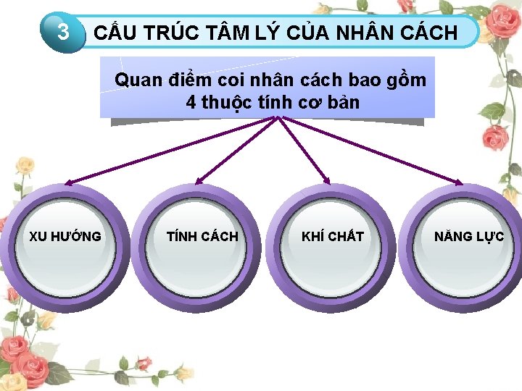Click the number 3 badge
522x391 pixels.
pyautogui.click(x=63, y=32)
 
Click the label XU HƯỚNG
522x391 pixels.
pyautogui.click(x=65, y=236)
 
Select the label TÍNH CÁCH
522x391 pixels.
pyautogui.click(x=202, y=236)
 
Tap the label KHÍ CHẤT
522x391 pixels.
pyautogui.click(x=333, y=236)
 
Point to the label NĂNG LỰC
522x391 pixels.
pyautogui.click(x=468, y=236)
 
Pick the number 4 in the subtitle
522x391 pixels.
pyautogui.click(x=191, y=102)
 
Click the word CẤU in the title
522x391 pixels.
pyautogui.click(x=112, y=33)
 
